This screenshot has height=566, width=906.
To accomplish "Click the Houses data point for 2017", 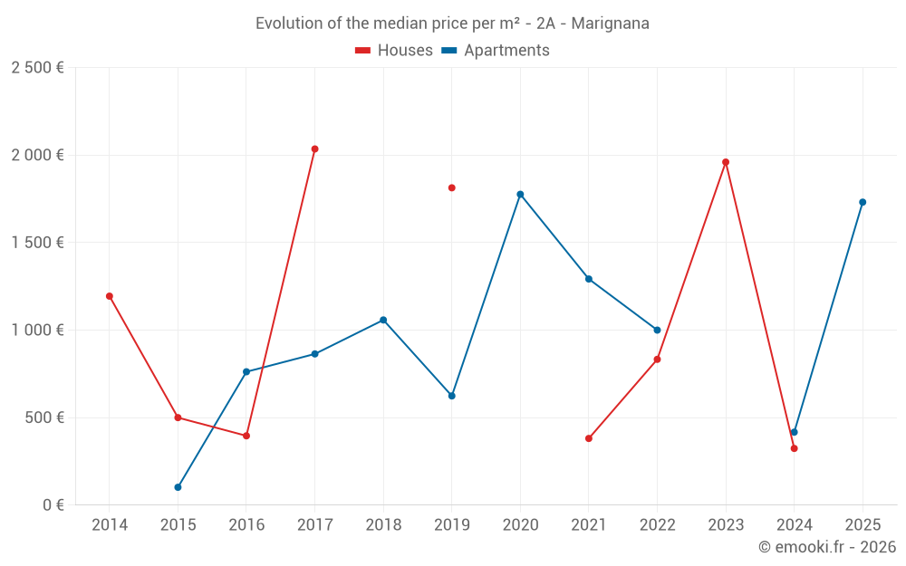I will (x=314, y=149).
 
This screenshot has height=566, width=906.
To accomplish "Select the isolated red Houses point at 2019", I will (x=451, y=187).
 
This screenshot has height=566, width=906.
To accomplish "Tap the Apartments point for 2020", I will (x=520, y=194).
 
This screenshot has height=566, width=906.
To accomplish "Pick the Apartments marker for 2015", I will (x=178, y=487).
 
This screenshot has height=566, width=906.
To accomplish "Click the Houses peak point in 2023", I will (x=726, y=162).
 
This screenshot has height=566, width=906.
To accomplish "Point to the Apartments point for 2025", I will (x=863, y=202).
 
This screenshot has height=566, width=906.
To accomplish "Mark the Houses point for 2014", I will (x=110, y=296).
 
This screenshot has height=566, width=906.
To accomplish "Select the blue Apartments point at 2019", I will (x=451, y=396).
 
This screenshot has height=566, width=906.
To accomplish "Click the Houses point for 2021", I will (x=589, y=438).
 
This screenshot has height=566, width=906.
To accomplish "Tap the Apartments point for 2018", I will (x=383, y=320).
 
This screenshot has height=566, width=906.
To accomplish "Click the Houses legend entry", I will (x=394, y=51).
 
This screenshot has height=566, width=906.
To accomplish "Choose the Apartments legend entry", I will (x=496, y=51).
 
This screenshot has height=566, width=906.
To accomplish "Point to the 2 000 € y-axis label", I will (x=38, y=155).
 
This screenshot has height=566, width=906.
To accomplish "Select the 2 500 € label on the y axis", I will (x=38, y=67).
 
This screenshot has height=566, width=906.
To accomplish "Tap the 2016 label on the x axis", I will (x=246, y=525).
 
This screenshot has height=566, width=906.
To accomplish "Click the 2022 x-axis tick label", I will (x=657, y=525).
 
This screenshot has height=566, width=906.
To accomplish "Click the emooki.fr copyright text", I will (x=826, y=547).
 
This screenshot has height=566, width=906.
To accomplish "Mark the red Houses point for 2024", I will (x=794, y=448).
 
